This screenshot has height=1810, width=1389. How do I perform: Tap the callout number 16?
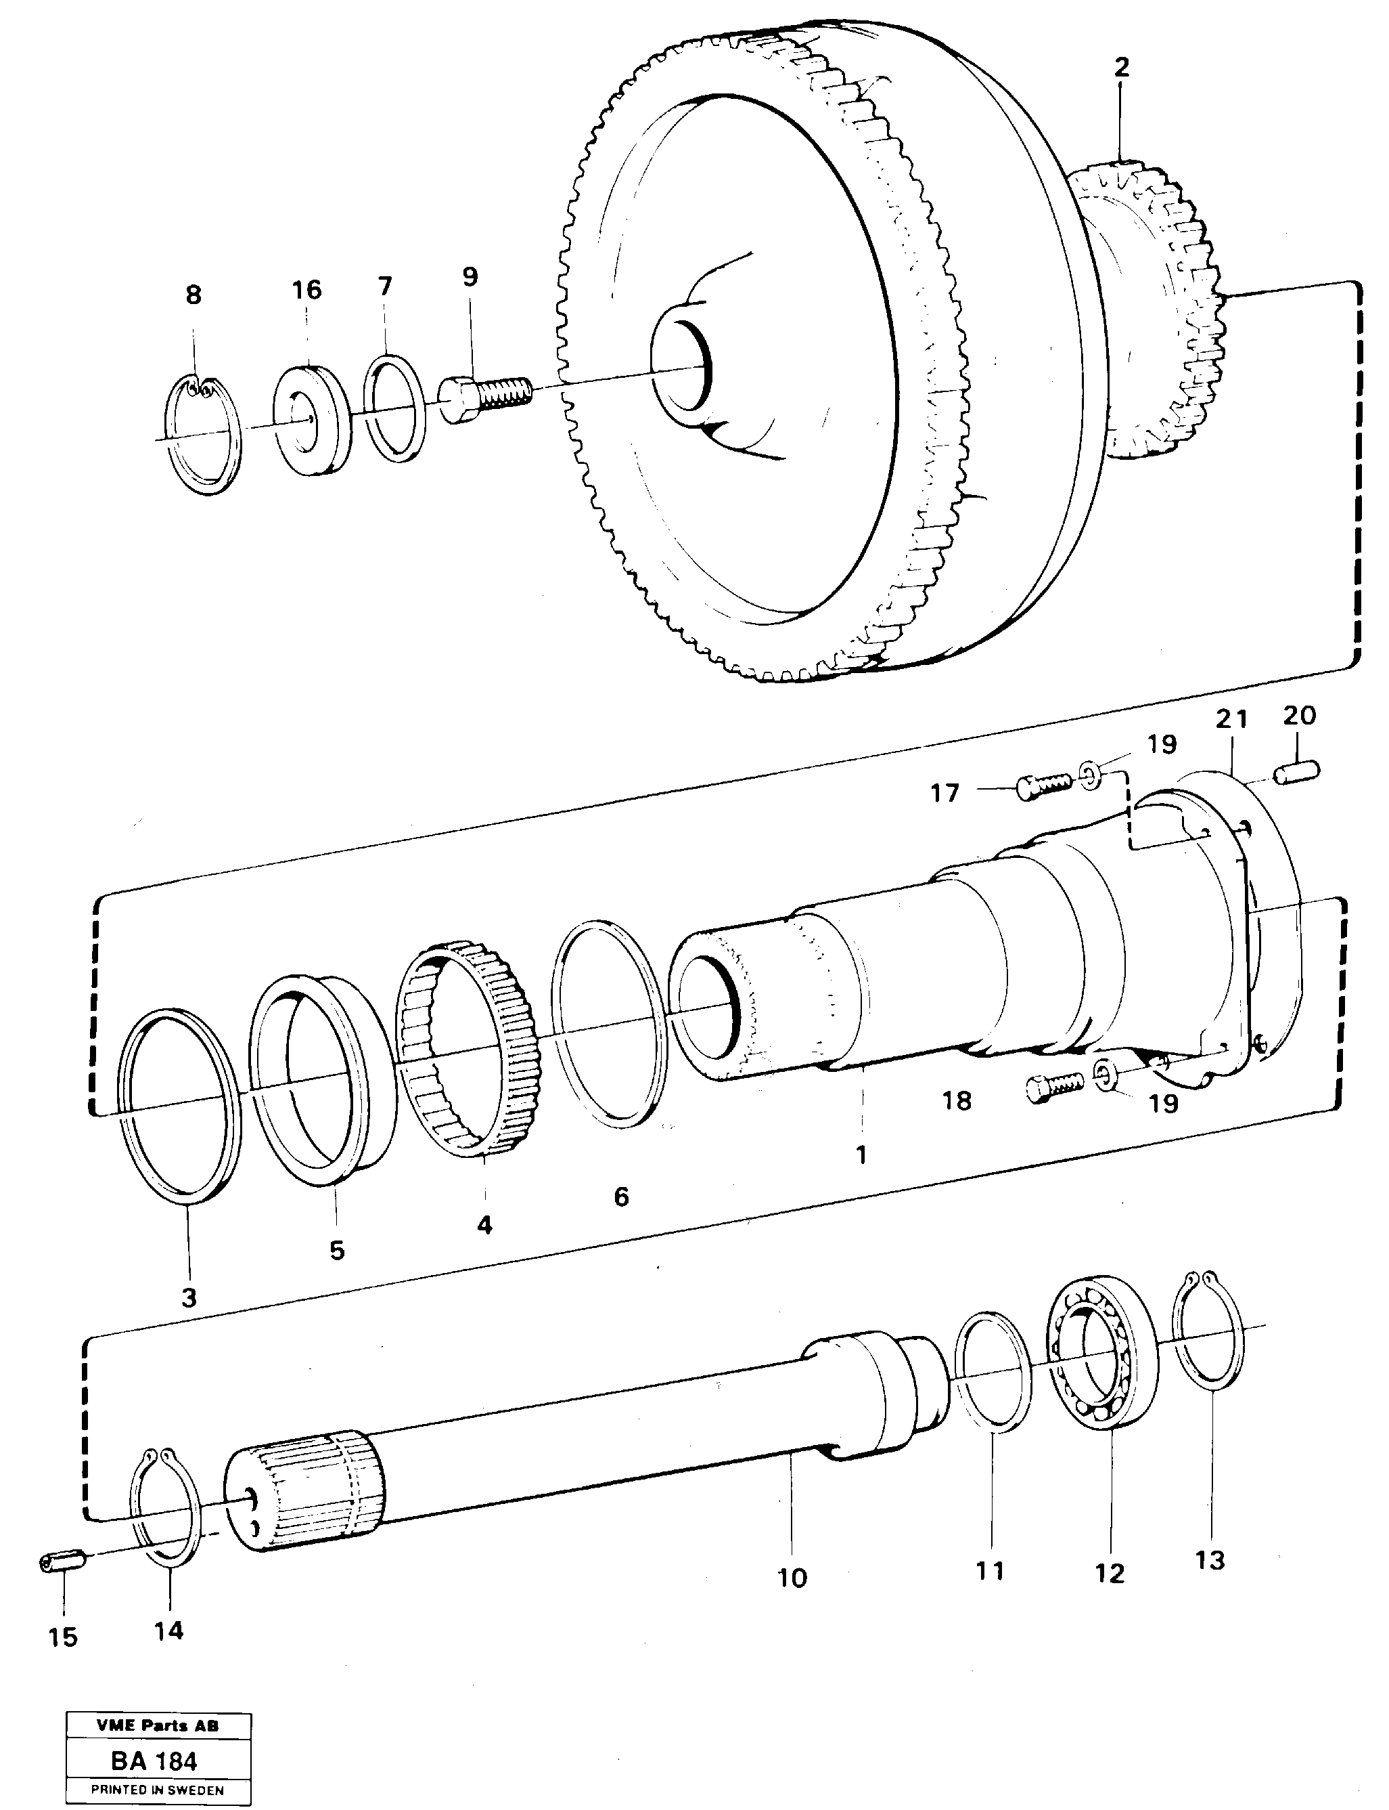tap(306, 290)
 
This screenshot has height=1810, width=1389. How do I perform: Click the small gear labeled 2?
tap(1158, 314)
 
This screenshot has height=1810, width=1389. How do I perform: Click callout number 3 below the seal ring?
tap(189, 1297)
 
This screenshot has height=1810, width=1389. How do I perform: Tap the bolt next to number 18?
tap(1054, 1087)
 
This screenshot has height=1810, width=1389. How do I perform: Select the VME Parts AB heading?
tap(157, 1725)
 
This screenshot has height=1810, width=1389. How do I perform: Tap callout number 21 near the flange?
tap(1231, 720)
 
